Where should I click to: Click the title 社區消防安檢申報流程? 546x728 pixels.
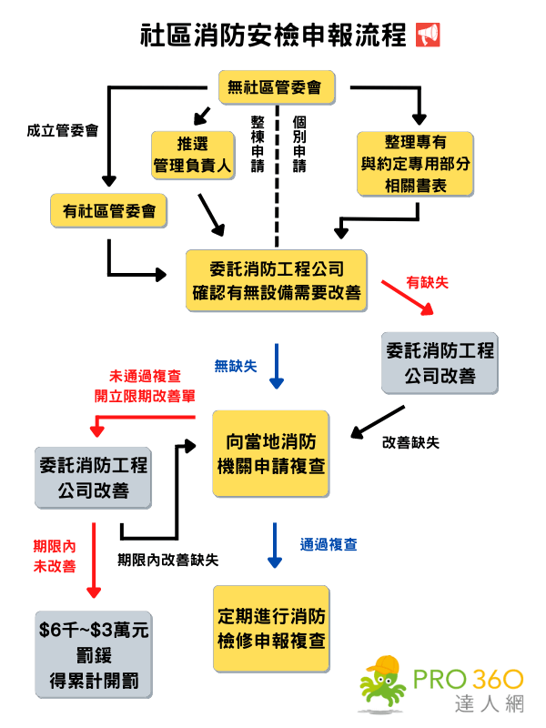(273, 35)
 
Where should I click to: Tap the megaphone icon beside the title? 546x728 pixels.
(427, 35)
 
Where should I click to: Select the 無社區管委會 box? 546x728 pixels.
(276, 87)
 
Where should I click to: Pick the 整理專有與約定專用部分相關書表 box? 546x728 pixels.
(416, 164)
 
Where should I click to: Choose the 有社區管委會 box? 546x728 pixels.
(108, 211)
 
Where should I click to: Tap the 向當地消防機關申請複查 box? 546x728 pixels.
(273, 452)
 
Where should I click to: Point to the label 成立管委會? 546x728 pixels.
(62, 131)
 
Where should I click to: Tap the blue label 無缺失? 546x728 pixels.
(235, 367)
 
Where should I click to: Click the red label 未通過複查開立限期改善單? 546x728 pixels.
(149, 385)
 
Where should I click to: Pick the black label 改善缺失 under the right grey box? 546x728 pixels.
(410, 442)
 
